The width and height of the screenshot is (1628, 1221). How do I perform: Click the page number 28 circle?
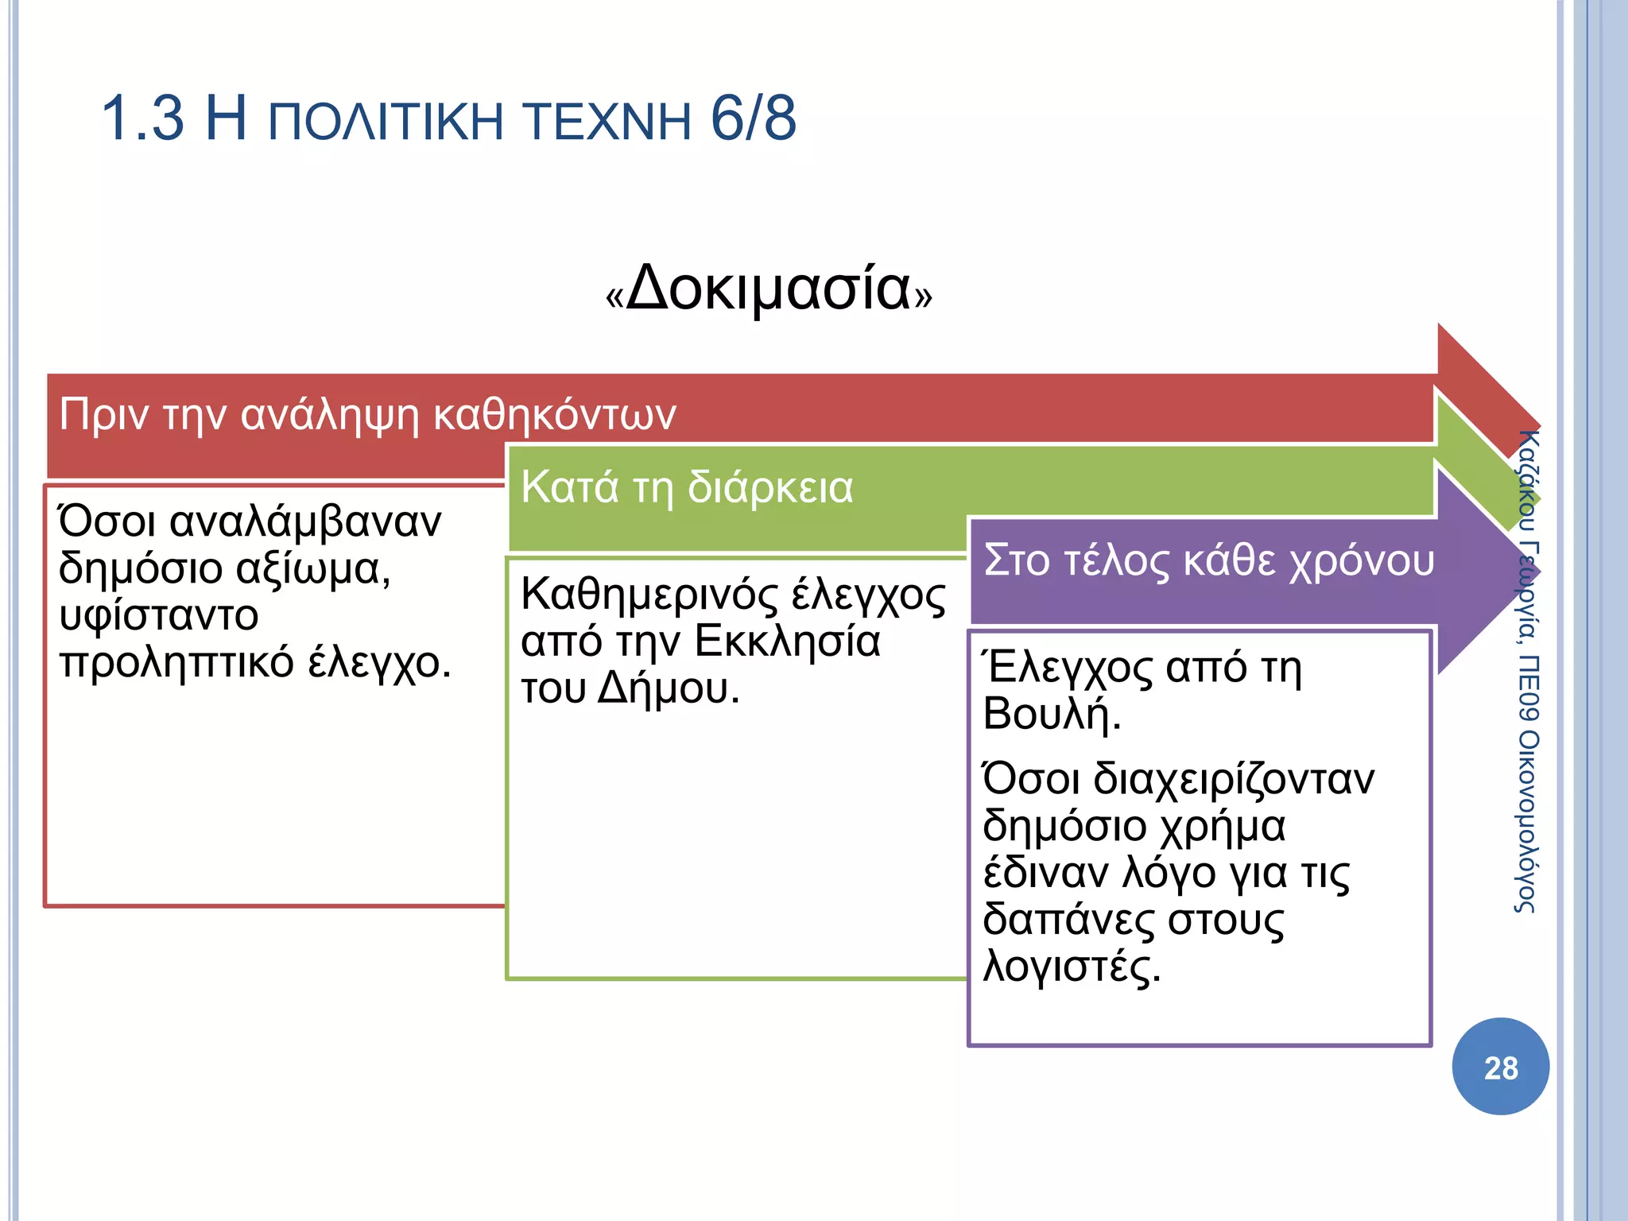[1500, 1067]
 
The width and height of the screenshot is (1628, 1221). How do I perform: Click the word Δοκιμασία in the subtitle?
[768, 288]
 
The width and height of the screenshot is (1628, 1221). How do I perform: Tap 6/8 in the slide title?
[753, 119]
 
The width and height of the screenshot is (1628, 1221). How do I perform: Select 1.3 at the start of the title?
[143, 119]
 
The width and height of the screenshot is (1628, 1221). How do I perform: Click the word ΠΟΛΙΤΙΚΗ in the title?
[386, 122]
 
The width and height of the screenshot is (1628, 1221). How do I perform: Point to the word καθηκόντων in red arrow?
[554, 415]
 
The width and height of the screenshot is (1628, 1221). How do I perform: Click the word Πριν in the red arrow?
[104, 415]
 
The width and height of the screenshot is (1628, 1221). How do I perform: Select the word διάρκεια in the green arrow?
[769, 487]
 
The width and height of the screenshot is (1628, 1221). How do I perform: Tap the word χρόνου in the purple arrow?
[1361, 560]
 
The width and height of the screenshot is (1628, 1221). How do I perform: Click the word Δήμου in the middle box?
[668, 688]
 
